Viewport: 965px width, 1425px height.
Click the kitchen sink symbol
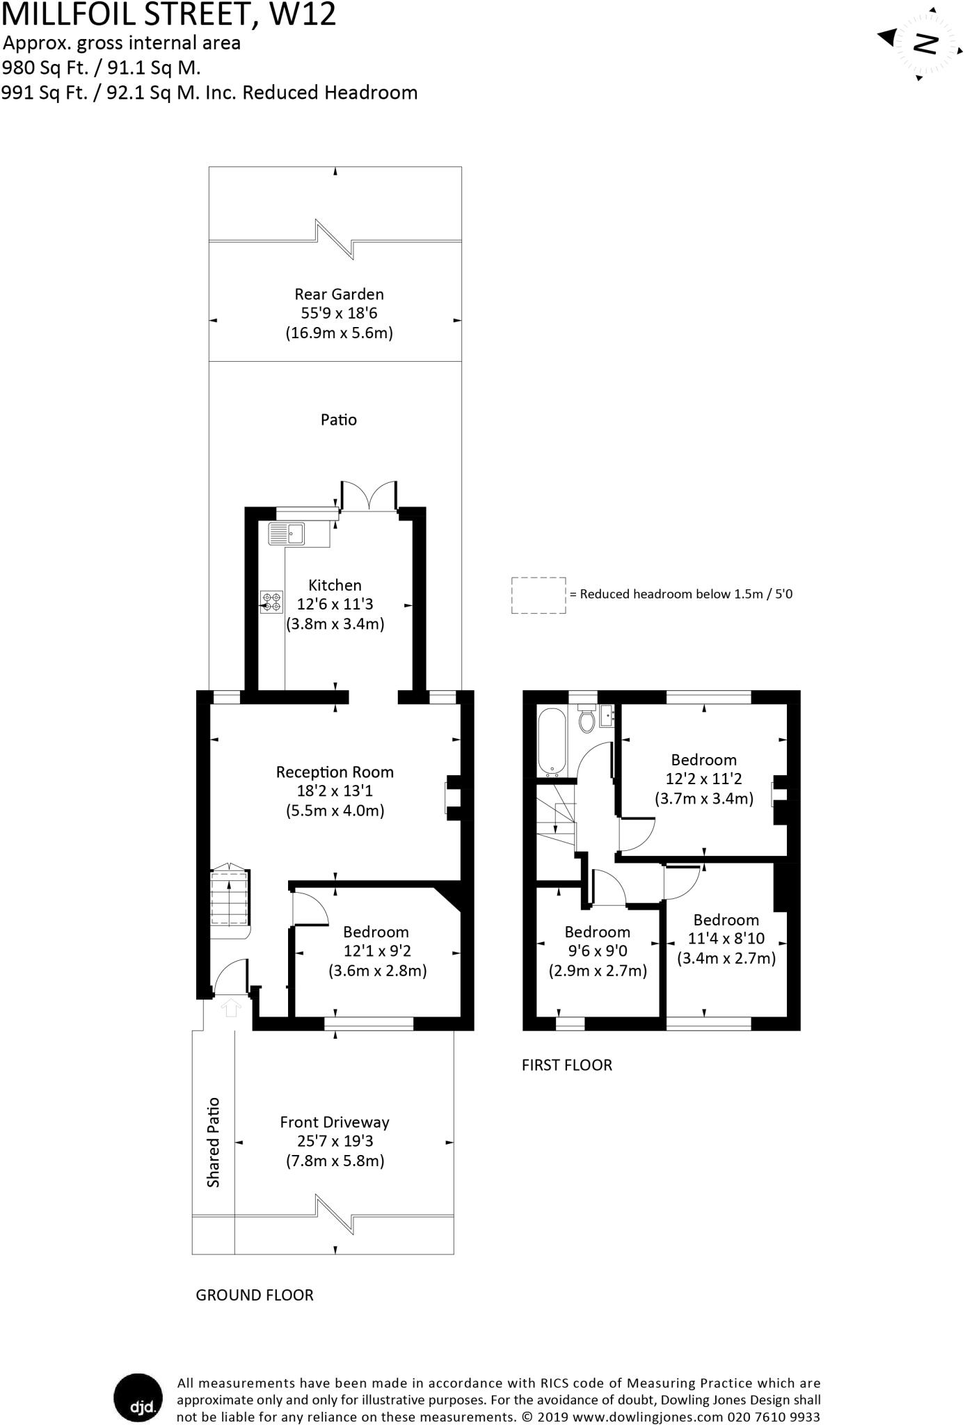point(287,534)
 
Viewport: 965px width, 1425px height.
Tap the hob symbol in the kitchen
point(271,602)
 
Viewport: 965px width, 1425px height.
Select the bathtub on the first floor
point(554,742)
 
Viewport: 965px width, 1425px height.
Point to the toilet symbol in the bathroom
point(587,719)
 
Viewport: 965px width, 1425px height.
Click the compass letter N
point(926,44)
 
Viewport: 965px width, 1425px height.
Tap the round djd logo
point(138,1399)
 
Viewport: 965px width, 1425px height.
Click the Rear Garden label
point(339,294)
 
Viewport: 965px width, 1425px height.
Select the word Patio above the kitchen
point(339,420)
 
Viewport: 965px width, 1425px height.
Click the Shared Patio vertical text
point(213,1143)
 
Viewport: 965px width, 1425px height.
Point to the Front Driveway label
point(335,1122)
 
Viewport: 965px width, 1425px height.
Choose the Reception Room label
point(335,772)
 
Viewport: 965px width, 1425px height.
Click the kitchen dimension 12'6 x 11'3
point(335,605)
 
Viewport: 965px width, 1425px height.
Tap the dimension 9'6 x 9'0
point(598,951)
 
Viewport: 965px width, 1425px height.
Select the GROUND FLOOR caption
point(255,1296)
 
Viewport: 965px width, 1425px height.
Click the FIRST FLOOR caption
point(567,1065)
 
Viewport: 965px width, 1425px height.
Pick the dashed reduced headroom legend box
point(539,596)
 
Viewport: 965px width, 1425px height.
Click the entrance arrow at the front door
point(230,1007)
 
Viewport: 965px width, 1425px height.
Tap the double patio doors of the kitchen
point(369,495)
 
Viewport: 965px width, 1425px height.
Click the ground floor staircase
point(230,901)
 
